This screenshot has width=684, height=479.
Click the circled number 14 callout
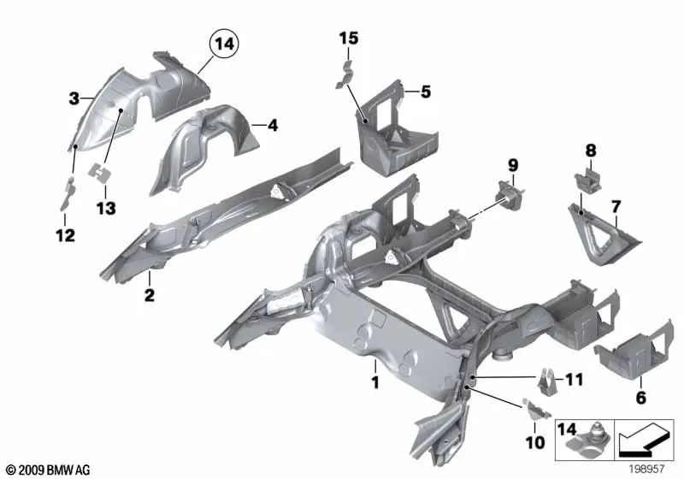pos(225,42)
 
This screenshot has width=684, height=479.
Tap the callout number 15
pos(348,38)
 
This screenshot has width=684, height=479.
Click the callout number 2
pos(149,296)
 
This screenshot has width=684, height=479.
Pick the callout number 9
pos(513,163)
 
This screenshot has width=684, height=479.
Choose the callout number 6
pos(641,398)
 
